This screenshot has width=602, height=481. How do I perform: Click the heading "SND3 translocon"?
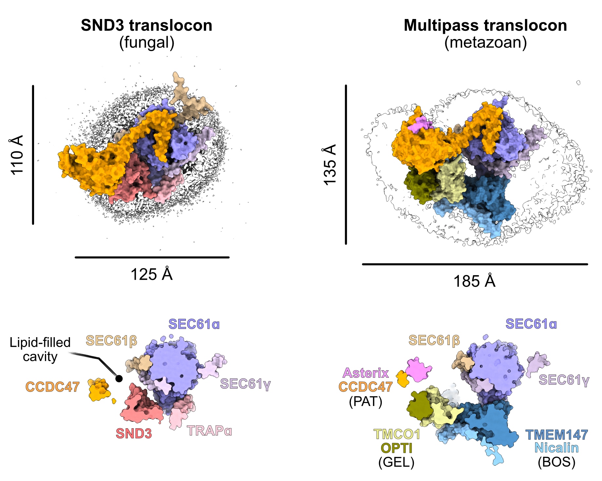pyautogui.click(x=146, y=26)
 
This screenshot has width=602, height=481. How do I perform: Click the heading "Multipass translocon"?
pyautogui.click(x=485, y=26)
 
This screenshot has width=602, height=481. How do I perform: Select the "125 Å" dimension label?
pyautogui.click(x=151, y=274)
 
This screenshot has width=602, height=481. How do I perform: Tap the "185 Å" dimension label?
pyautogui.click(x=474, y=281)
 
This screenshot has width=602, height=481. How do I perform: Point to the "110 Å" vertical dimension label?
pyautogui.click(x=17, y=155)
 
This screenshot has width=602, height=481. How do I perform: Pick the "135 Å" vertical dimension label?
pyautogui.click(x=330, y=164)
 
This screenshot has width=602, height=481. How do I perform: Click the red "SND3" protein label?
pyautogui.click(x=134, y=433)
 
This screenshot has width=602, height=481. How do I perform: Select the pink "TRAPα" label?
pyautogui.click(x=209, y=431)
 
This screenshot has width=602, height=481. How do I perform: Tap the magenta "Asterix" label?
pyautogui.click(x=366, y=373)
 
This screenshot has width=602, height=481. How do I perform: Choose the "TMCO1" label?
pyautogui.click(x=397, y=434)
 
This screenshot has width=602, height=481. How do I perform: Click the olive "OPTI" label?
pyautogui.click(x=396, y=448)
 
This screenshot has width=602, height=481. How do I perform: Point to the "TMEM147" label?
pyautogui.click(x=556, y=435)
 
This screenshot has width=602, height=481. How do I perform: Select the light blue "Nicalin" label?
pyautogui.click(x=556, y=448)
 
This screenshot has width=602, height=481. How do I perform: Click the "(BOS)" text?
pyautogui.click(x=556, y=462)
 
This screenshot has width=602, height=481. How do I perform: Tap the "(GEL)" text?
pyautogui.click(x=396, y=462)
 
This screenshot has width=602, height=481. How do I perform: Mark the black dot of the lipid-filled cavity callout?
pyautogui.click(x=119, y=379)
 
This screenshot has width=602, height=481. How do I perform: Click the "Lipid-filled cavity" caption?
pyautogui.click(x=40, y=349)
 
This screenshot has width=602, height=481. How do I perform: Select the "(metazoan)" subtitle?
pyautogui.click(x=485, y=43)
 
